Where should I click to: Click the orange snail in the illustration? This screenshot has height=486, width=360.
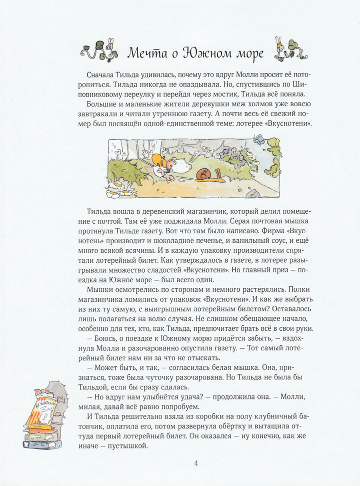coord(203,174)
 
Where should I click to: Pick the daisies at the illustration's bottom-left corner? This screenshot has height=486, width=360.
coord(119,189)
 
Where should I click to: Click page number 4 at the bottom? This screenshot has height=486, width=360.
coord(196,463)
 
